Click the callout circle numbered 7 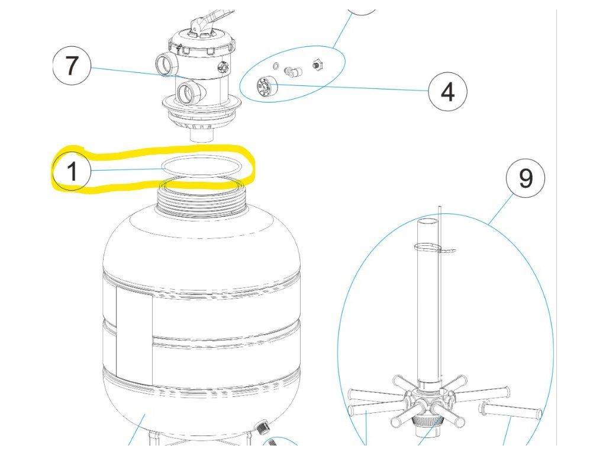coord(71,66)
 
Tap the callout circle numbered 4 coord(447,92)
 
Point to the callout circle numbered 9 coord(526,178)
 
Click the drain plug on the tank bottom coord(260,425)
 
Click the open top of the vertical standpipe coord(427,222)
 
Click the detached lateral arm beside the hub coord(512,409)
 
